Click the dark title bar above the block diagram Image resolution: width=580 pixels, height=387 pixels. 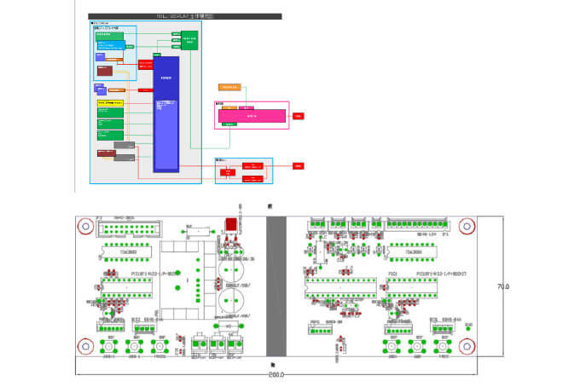tap(185, 16)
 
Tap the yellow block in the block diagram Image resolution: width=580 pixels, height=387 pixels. tap(111, 102)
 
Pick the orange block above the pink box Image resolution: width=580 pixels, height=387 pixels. tap(230, 87)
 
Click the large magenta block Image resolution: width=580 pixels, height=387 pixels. tap(251, 115)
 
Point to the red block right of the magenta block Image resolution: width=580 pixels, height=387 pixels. tap(299, 115)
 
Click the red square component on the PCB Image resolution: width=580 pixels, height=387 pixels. tap(229, 225)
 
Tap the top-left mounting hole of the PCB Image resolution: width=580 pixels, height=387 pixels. tap(85, 227)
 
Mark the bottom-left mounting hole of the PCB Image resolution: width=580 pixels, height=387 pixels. tap(85, 345)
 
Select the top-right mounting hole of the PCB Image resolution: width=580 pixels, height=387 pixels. tap(466, 227)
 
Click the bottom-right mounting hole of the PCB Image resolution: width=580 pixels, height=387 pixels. tap(466, 345)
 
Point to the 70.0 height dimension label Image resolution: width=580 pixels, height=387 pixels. tap(502, 286)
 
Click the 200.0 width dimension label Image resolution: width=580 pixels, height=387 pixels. tap(275, 374)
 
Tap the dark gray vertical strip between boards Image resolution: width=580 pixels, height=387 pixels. tap(276, 286)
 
